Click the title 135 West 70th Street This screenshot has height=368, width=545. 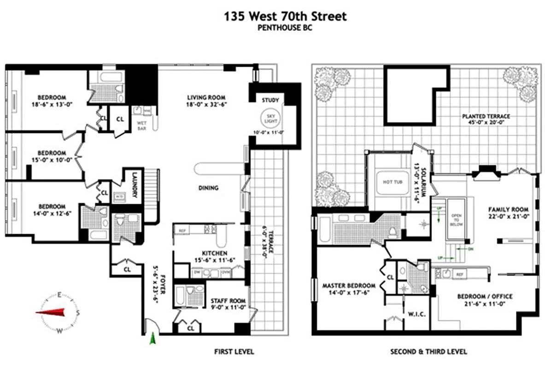pos(285,17)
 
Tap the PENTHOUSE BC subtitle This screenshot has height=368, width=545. pos(285,28)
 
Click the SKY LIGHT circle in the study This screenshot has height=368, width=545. pos(270,118)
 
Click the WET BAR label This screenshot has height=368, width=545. pos(141,125)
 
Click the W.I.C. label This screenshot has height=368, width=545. pos(416,314)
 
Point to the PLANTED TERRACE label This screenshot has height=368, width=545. pos(486,116)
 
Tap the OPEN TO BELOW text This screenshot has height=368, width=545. pos(456,220)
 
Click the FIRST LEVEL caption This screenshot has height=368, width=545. pos(234,352)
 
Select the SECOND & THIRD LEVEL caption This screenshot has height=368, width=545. pos(428,352)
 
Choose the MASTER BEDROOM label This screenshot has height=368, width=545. pos(348,285)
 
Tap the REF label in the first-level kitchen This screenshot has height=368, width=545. pos(182,230)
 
